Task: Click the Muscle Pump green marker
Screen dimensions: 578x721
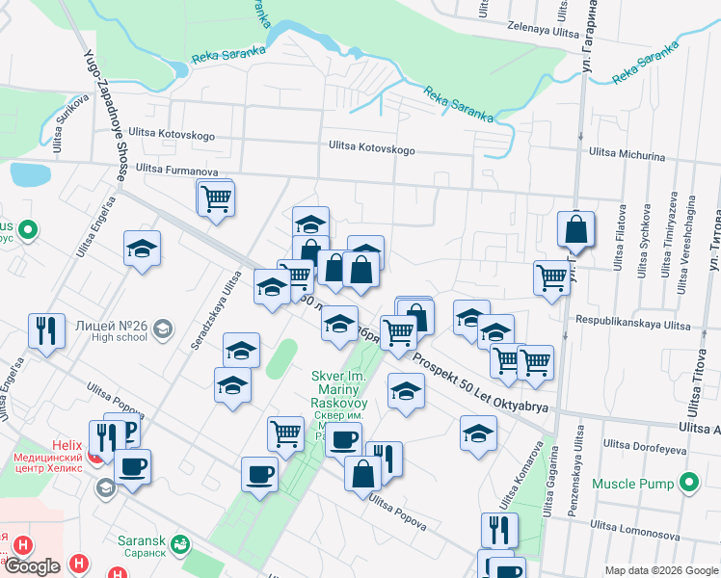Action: click(x=689, y=482)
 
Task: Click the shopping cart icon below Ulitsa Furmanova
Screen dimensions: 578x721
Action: click(x=216, y=198)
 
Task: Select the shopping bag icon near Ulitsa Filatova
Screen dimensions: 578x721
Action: click(x=575, y=231)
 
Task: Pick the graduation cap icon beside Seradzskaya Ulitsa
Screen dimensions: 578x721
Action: click(x=241, y=352)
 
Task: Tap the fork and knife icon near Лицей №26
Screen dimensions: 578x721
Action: click(x=46, y=330)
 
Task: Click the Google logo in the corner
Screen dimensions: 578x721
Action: click(x=32, y=566)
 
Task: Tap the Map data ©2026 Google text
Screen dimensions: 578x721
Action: click(x=661, y=570)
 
